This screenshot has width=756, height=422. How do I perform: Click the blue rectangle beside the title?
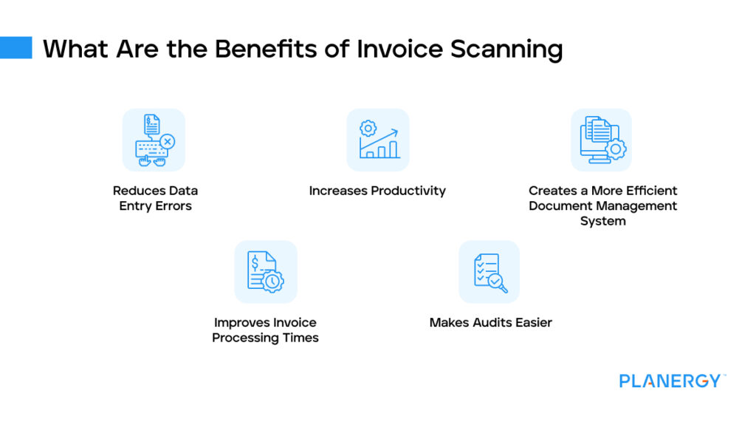[x=16, y=48]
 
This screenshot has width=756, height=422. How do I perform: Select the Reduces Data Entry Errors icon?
[x=154, y=140]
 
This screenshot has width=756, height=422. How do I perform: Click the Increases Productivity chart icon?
[x=378, y=140]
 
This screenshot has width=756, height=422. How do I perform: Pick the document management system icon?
[x=602, y=140]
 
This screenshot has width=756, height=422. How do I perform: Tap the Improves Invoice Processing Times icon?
[x=266, y=271]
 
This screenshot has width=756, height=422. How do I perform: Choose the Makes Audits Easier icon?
[x=489, y=271]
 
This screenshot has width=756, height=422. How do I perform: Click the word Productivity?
[x=408, y=191]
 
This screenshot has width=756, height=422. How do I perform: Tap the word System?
[x=602, y=221]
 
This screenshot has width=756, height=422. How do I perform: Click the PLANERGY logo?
[x=670, y=381]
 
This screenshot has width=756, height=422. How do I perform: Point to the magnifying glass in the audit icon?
[x=500, y=282]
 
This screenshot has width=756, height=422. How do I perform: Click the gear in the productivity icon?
[x=368, y=129]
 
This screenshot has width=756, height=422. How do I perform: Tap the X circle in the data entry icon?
[x=168, y=140]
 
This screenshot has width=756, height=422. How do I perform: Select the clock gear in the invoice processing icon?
[x=274, y=282]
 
